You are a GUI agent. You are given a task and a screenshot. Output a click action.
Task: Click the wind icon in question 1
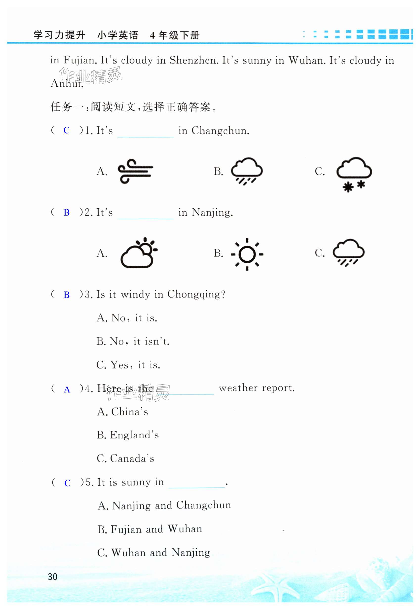(135, 171)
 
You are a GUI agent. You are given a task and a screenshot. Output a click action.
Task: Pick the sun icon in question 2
(247, 254)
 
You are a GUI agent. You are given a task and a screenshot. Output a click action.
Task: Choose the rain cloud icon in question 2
(349, 252)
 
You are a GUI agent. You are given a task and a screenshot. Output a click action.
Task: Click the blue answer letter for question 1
(67, 130)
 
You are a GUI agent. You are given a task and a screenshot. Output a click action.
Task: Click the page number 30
(53, 577)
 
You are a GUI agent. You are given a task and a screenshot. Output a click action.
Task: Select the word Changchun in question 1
(220, 131)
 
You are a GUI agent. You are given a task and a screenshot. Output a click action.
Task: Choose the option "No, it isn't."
(133, 341)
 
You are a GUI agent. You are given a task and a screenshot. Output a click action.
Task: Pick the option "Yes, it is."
(128, 365)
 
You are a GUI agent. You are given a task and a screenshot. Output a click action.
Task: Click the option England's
(128, 435)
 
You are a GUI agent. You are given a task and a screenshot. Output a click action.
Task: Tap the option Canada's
(125, 458)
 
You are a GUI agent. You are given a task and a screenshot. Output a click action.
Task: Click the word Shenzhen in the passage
(193, 60)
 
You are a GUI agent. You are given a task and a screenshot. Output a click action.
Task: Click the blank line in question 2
(145, 218)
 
